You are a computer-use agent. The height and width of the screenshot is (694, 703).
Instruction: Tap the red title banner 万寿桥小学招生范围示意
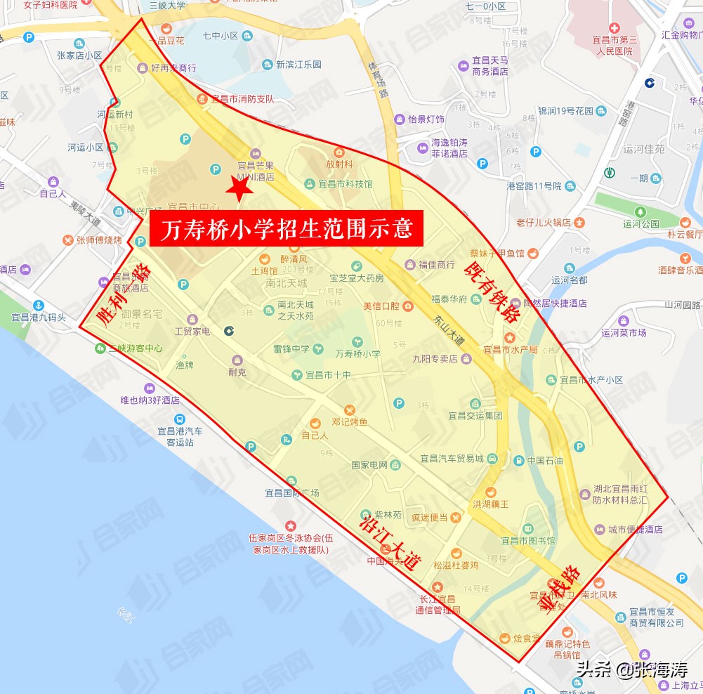pyautogui.click(x=287, y=228)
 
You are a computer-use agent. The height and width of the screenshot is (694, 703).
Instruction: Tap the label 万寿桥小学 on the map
pyautogui.click(x=358, y=354)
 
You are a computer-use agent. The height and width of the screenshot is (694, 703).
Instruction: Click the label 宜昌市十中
pyautogui.click(x=328, y=374)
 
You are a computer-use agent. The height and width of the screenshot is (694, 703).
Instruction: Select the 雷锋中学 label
pyautogui.click(x=292, y=348)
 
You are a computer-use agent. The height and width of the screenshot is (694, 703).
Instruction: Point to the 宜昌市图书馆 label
pyautogui.click(x=527, y=540)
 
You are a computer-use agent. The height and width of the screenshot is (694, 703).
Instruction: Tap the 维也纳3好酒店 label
pyautogui.click(x=150, y=400)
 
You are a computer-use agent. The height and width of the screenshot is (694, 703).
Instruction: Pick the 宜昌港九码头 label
pyautogui.click(x=39, y=317)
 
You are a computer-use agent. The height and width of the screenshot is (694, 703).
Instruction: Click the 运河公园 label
pyautogui.click(x=640, y=224)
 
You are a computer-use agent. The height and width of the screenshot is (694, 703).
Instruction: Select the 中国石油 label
pyautogui.click(x=545, y=461)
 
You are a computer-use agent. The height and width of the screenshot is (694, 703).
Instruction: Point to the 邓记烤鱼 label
pyautogui.click(x=349, y=422)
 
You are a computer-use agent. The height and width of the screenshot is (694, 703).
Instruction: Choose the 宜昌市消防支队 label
pyautogui.click(x=243, y=99)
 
